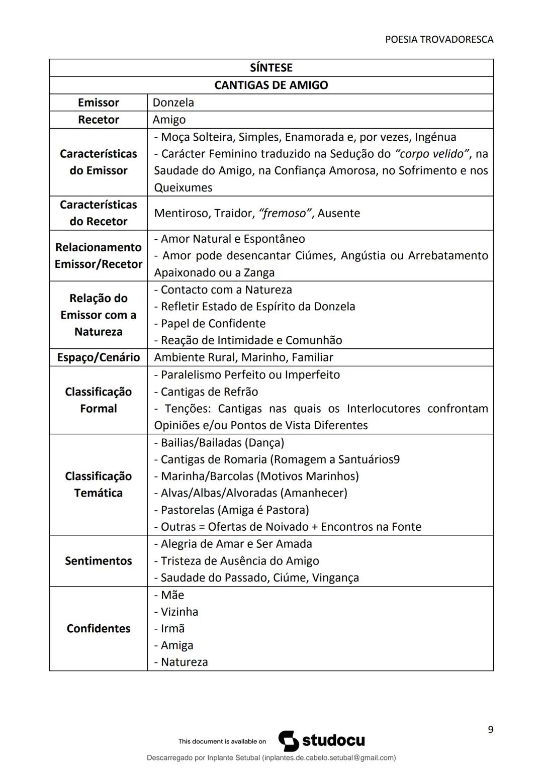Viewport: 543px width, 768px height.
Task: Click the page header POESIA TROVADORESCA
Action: click(x=439, y=39)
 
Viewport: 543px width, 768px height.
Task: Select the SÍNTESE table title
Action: click(x=271, y=68)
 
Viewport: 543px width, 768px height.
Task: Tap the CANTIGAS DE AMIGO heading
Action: click(x=271, y=85)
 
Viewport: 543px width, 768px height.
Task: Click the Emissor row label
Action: click(x=98, y=103)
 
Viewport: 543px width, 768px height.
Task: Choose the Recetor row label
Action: click(x=98, y=120)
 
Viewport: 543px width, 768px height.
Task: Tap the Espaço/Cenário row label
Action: click(x=98, y=357)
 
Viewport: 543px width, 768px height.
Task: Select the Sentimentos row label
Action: click(x=98, y=561)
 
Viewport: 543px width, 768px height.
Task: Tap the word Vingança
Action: click(x=335, y=578)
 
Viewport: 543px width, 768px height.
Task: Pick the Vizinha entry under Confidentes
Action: click(x=179, y=612)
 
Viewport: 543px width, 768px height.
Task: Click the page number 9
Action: click(x=490, y=729)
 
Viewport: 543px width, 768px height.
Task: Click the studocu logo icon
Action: click(x=289, y=741)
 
